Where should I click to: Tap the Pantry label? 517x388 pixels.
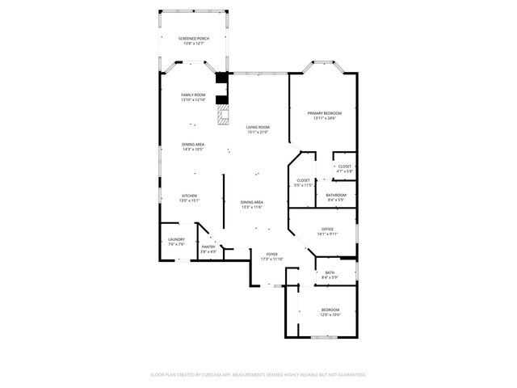coord(208,249)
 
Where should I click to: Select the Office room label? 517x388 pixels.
coord(327,231)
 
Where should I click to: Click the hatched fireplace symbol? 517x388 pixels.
coord(220,116)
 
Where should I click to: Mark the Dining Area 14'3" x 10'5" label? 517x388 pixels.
coord(193,146)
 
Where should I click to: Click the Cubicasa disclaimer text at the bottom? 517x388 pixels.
coord(258,374)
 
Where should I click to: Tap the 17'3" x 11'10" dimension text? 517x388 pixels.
coord(272,259)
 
